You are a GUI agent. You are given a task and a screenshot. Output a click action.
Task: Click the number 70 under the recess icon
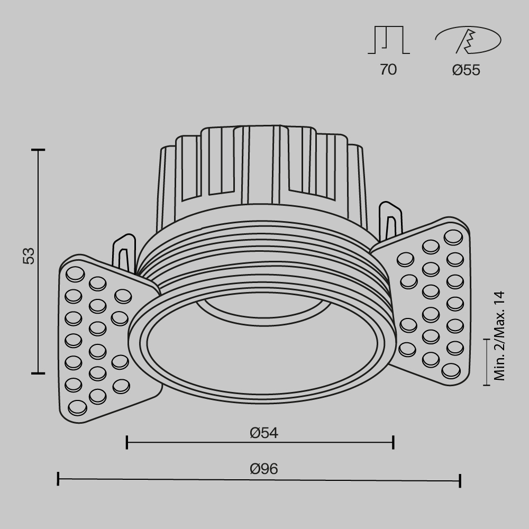coord(388,69)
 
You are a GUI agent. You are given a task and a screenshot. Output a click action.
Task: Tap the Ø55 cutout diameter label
coord(466,70)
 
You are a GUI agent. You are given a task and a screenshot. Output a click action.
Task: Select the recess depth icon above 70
coord(388,41)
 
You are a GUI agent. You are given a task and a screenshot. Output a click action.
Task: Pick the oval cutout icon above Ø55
coord(468,41)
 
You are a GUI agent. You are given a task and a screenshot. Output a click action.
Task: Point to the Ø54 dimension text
coord(264,433)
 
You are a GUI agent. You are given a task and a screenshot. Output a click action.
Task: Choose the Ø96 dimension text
coord(264,468)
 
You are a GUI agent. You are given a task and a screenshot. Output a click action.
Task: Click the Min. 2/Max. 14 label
coord(499,336)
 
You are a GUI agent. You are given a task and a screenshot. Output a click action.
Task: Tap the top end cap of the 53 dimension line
coord(38,150)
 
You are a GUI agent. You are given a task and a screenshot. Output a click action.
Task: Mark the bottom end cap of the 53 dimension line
coord(38,373)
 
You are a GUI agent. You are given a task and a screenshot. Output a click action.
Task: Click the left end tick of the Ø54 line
coord(127,442)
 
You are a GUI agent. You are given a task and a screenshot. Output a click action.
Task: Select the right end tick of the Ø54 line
coord(393,442)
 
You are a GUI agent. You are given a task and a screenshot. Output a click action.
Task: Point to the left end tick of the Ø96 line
coord(58,479)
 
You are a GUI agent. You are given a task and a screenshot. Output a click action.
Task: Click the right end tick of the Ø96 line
coord(460,480)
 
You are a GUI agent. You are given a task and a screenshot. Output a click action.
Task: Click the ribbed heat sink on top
coord(262,164)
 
